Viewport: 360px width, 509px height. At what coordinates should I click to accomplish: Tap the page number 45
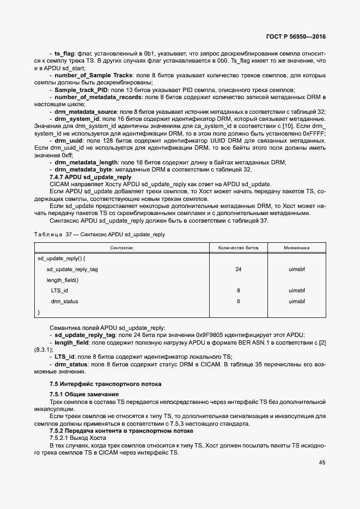tap(322, 462)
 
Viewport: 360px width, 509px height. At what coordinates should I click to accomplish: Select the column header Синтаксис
tap(123, 247)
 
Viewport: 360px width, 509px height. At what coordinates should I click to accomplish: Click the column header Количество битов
tap(238, 247)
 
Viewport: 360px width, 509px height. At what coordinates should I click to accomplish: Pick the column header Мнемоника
tap(296, 247)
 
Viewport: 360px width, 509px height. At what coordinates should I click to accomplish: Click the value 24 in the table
tap(238, 269)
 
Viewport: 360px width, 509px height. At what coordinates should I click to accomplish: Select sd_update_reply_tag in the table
tap(72, 269)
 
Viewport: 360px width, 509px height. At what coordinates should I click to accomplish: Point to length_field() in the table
tap(63, 280)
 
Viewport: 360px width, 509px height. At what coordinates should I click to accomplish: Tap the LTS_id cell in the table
tap(59, 291)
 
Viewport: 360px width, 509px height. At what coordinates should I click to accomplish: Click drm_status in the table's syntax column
tap(64, 301)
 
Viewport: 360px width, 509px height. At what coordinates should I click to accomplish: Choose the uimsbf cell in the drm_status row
tap(296, 301)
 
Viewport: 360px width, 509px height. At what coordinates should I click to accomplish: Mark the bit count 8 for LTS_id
tap(238, 291)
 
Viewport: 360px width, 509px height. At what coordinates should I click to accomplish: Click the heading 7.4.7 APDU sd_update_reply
tap(90, 177)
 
